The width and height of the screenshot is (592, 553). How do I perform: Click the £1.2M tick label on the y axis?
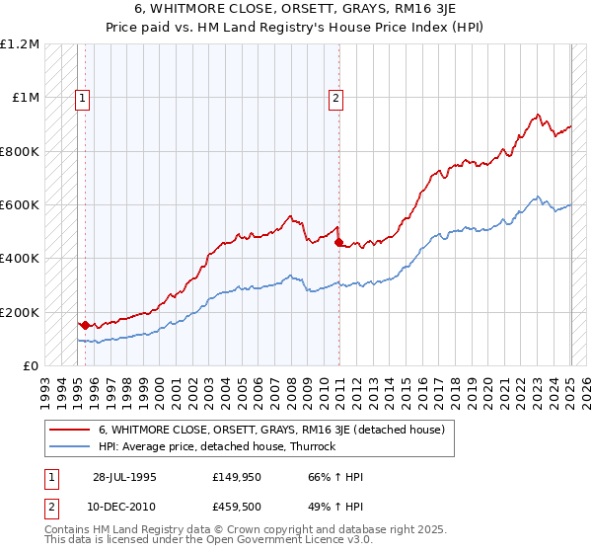[20, 44]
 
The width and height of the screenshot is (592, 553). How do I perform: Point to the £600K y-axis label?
[20, 205]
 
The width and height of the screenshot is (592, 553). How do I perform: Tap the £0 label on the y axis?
[31, 365]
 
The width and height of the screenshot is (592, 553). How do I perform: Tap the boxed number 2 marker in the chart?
[336, 98]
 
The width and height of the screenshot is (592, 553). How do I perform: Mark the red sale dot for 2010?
[338, 242]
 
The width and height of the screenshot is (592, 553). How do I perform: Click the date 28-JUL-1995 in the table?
[124, 477]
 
